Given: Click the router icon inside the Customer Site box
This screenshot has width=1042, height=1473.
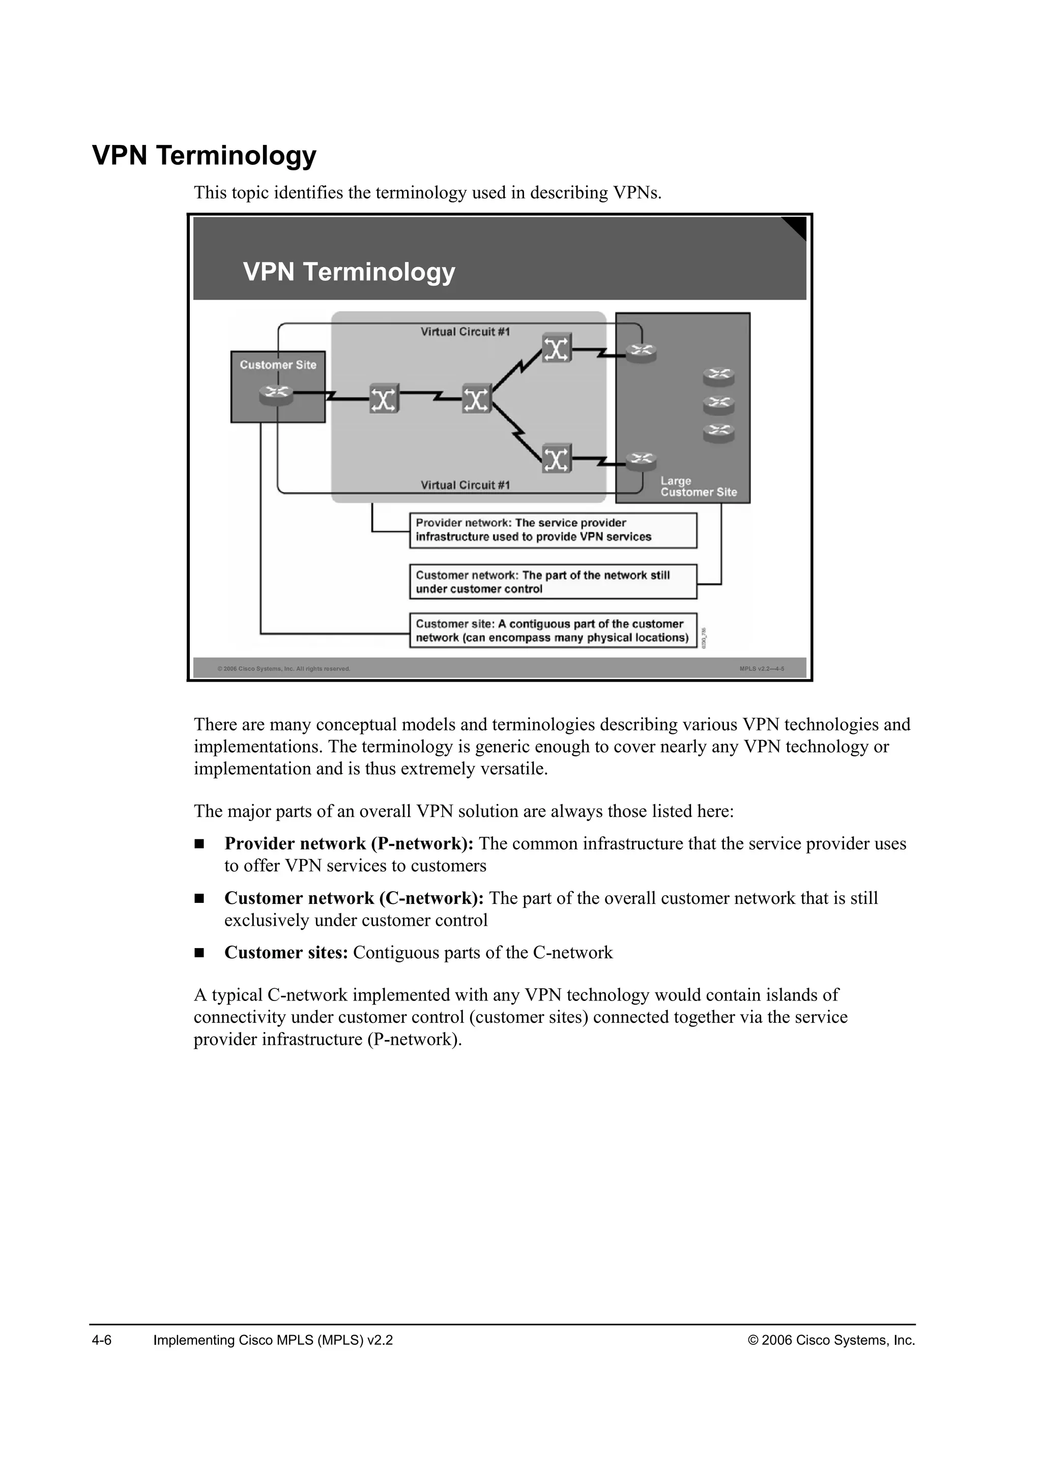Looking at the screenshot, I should (x=276, y=395).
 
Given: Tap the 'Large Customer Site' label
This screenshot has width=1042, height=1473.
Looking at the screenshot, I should (x=698, y=487).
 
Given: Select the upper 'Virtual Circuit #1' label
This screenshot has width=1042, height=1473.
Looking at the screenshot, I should (x=465, y=332).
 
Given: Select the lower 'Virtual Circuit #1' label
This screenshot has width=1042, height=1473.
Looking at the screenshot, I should (x=465, y=485).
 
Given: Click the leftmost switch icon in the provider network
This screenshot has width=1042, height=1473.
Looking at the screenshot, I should (x=384, y=399).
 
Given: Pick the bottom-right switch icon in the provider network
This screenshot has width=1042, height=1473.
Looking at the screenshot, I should (x=556, y=459).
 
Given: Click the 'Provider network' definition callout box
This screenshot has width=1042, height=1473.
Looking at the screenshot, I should (x=553, y=530).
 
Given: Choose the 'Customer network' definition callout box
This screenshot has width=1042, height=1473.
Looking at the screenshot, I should (x=553, y=582).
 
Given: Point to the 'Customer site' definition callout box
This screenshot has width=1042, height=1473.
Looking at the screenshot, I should (x=553, y=631).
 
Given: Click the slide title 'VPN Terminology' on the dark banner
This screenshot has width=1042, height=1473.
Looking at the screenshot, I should (x=349, y=272).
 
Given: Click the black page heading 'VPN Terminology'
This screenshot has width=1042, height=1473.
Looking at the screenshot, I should (x=204, y=155).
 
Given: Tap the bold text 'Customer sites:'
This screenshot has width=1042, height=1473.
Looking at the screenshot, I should (x=286, y=953).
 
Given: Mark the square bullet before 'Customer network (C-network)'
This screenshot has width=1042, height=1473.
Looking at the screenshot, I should (x=199, y=899).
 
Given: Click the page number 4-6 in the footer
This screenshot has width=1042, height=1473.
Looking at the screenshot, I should (x=102, y=1340).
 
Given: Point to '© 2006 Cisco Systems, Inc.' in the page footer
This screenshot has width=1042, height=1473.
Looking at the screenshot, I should (x=831, y=1340).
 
